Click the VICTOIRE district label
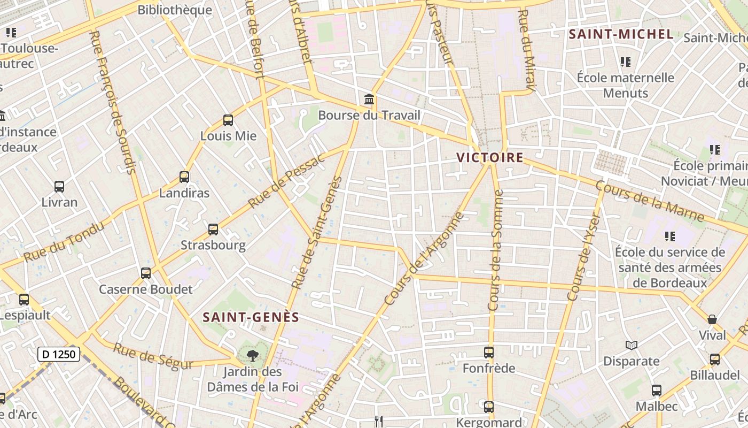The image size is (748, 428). pyautogui.click(x=489, y=157)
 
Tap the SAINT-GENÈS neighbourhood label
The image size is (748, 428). pyautogui.click(x=251, y=317)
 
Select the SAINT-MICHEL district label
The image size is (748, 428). pyautogui.click(x=621, y=34)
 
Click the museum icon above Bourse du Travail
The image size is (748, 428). pyautogui.click(x=369, y=100)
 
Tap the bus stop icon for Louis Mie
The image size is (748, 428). pyautogui.click(x=228, y=120)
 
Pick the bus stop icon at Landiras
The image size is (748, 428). pyautogui.click(x=184, y=177)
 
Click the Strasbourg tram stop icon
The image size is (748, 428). pyautogui.click(x=213, y=230)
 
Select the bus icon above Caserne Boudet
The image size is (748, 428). pyautogui.click(x=146, y=273)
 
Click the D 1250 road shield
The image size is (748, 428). pyautogui.click(x=59, y=354)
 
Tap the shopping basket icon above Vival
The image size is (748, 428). pyautogui.click(x=712, y=319)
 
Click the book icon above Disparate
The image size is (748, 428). pyautogui.click(x=631, y=346)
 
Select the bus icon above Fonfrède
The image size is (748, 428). pyautogui.click(x=489, y=353)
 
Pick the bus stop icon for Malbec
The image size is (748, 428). pyautogui.click(x=657, y=391)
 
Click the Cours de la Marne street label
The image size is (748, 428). pyautogui.click(x=649, y=201)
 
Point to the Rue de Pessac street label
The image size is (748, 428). pyautogui.click(x=286, y=181)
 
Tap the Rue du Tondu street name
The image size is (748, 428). pyautogui.click(x=64, y=242)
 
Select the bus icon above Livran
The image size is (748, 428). pyautogui.click(x=59, y=187)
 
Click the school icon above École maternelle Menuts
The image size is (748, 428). pyautogui.click(x=626, y=62)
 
